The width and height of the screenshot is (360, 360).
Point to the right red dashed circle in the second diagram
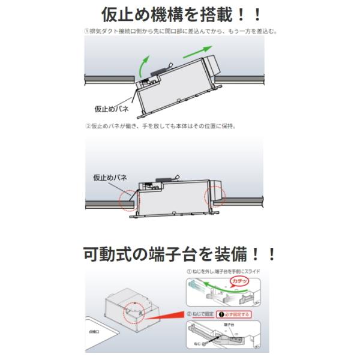pos(214,196)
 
